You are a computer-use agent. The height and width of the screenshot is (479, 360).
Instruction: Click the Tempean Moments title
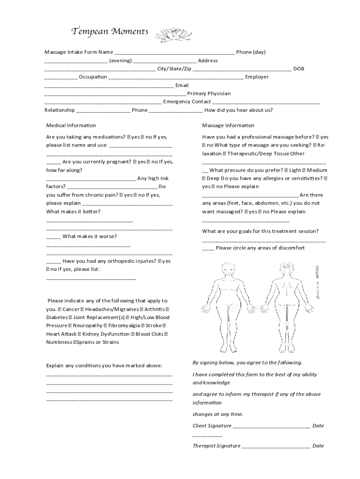(110, 32)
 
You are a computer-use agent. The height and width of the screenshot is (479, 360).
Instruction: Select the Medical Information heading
(71, 125)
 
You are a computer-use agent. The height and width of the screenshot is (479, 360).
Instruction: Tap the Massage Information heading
(228, 125)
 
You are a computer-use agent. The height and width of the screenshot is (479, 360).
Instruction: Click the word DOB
(298, 69)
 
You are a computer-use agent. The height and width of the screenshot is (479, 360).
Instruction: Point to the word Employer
(257, 77)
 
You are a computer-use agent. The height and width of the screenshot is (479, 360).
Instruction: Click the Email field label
(182, 85)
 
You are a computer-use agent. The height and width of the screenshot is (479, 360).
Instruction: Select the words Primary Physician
(209, 94)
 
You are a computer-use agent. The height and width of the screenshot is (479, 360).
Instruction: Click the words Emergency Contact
(187, 102)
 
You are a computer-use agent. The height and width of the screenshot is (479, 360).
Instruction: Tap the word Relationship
(59, 110)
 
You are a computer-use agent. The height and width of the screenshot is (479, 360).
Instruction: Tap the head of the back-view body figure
(287, 269)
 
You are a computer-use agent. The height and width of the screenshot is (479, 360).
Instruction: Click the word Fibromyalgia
(124, 326)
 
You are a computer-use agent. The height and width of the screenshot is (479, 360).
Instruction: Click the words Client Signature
(212, 426)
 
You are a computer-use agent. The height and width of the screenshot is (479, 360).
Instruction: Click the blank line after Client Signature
(271, 426)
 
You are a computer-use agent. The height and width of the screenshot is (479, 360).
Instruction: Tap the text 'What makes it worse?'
(89, 236)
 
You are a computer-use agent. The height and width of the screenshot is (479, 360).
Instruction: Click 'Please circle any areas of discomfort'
(260, 248)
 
